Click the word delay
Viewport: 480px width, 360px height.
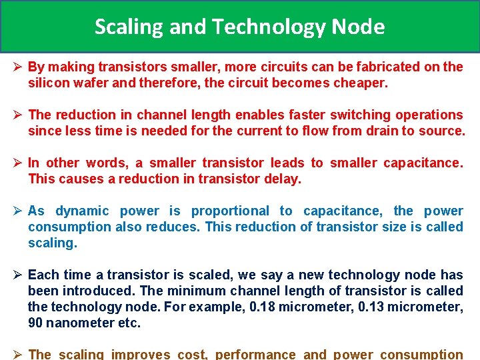[x=285, y=179]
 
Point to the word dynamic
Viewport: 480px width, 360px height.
[x=82, y=211]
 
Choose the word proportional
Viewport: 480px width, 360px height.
[x=230, y=211]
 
